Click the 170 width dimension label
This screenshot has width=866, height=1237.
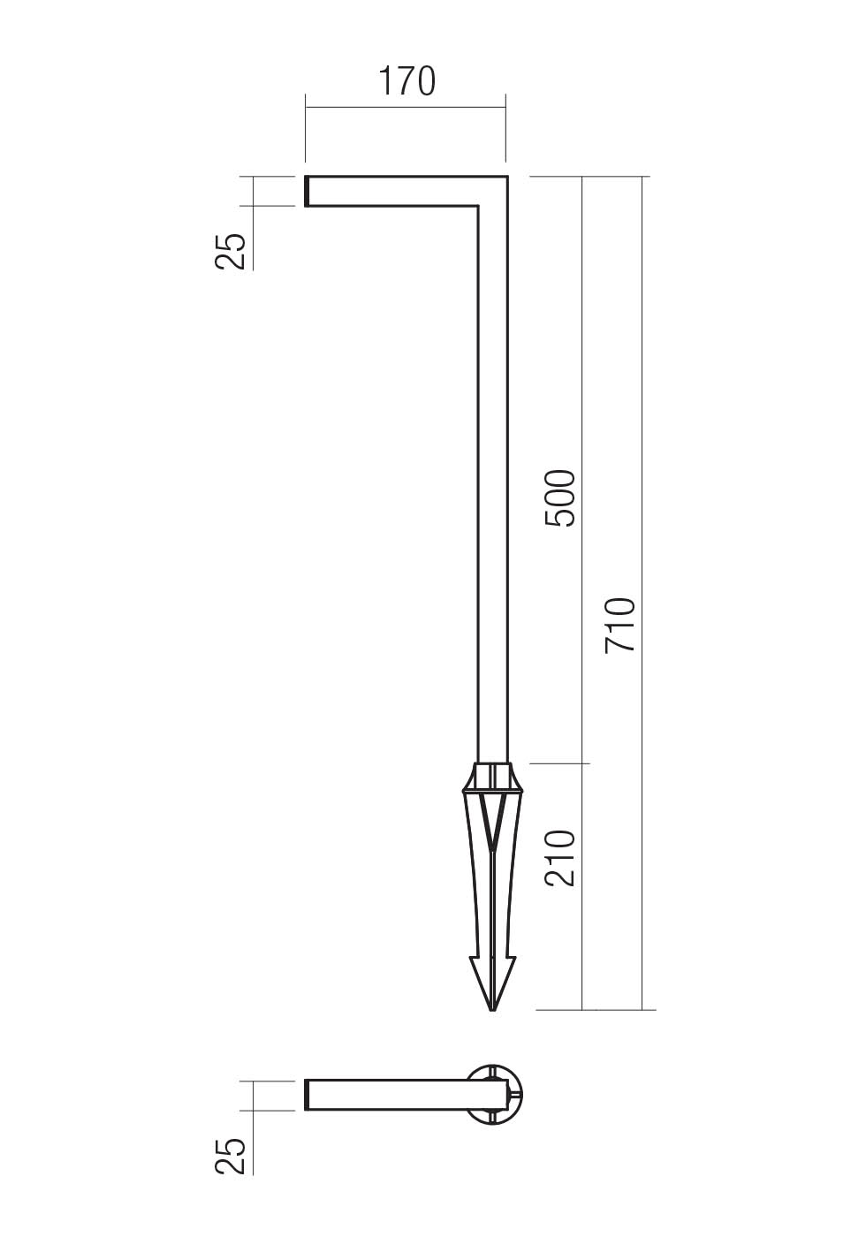406,81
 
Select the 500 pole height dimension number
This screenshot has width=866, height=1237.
560,499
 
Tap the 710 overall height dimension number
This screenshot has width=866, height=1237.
620,626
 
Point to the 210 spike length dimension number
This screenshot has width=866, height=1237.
560,858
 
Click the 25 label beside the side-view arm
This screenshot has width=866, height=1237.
231,251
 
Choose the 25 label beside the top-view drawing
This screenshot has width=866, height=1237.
231,1156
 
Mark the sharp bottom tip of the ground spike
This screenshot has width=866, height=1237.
492,1008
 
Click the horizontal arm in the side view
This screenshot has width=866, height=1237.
398,192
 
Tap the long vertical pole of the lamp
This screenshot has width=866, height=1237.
493,486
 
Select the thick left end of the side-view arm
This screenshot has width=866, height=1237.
308,192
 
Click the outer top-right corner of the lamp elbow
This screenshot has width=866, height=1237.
506,178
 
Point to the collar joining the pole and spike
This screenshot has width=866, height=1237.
492,777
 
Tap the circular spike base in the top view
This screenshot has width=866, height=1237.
495,1095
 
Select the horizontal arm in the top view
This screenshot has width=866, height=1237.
389,1095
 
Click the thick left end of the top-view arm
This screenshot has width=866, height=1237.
308,1095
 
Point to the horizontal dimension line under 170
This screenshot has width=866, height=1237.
406,108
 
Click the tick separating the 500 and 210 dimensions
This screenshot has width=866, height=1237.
582,763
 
